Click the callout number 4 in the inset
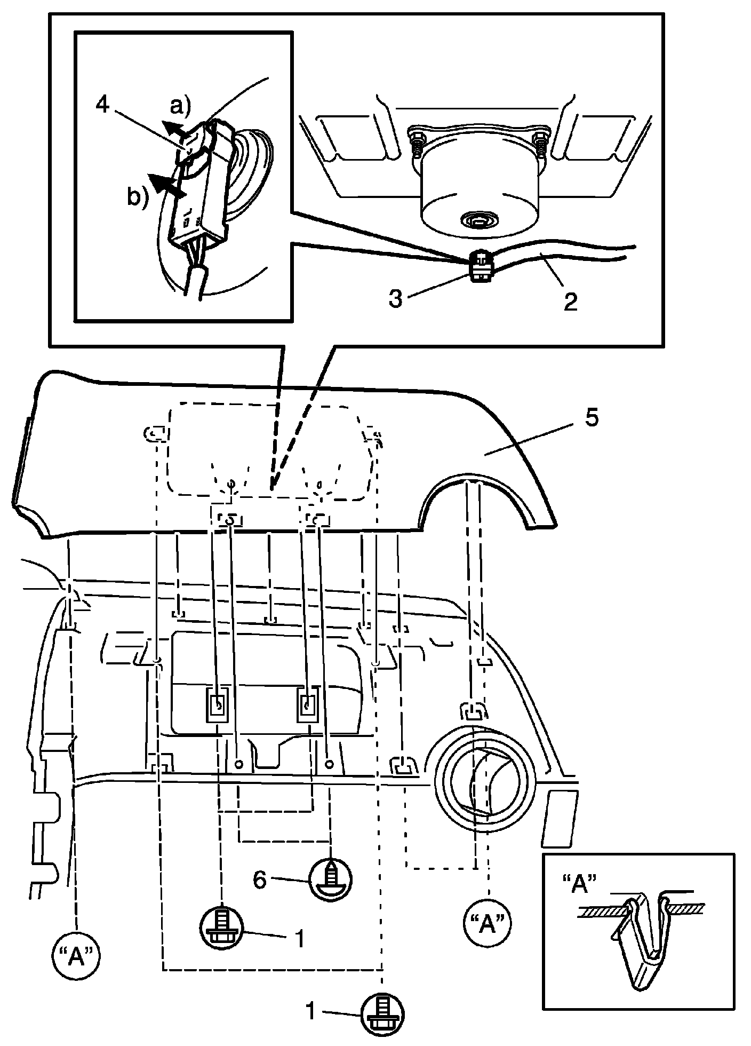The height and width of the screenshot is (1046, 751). pyautogui.click(x=102, y=105)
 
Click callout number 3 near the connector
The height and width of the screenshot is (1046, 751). pyautogui.click(x=395, y=299)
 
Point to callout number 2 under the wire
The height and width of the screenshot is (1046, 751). pyautogui.click(x=570, y=302)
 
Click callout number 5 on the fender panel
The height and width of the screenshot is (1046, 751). pyautogui.click(x=592, y=418)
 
